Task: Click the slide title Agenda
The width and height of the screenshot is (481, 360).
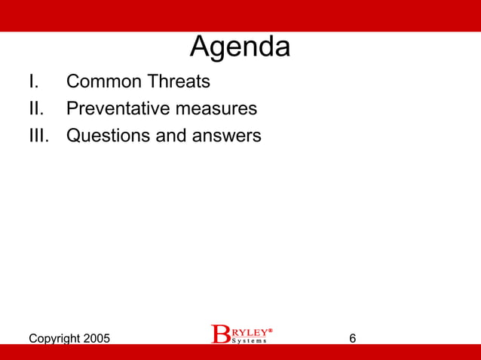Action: click(240, 47)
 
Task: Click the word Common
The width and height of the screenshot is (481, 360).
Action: click(106, 81)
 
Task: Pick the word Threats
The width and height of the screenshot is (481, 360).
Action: click(181, 81)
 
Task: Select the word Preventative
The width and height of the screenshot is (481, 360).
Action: click(118, 108)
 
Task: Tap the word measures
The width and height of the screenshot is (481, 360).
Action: click(216, 108)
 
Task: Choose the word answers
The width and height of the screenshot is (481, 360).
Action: click(225, 136)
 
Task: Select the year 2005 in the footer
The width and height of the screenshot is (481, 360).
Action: click(95, 339)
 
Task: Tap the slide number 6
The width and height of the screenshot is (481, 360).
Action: click(353, 339)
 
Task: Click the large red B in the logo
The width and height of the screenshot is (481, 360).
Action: click(220, 334)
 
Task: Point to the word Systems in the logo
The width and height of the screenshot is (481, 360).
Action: click(249, 340)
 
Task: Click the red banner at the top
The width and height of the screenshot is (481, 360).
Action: click(240, 15)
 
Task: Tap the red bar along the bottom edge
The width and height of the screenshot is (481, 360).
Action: click(240, 352)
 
